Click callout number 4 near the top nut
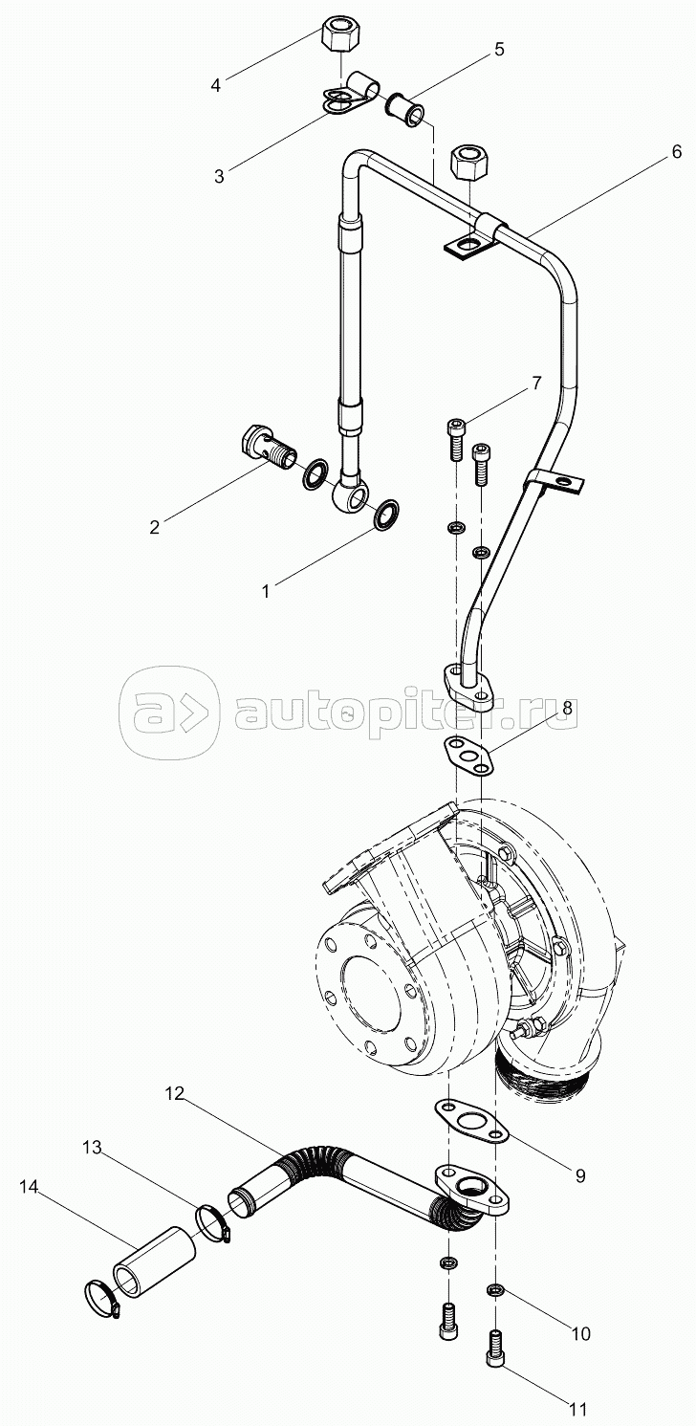click(x=216, y=85)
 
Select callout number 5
click(x=499, y=49)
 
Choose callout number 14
click(x=30, y=1187)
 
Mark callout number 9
click(x=580, y=1176)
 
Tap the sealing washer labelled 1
click(x=387, y=514)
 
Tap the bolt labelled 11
click(x=497, y=1349)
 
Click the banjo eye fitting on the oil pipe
click(x=350, y=494)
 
